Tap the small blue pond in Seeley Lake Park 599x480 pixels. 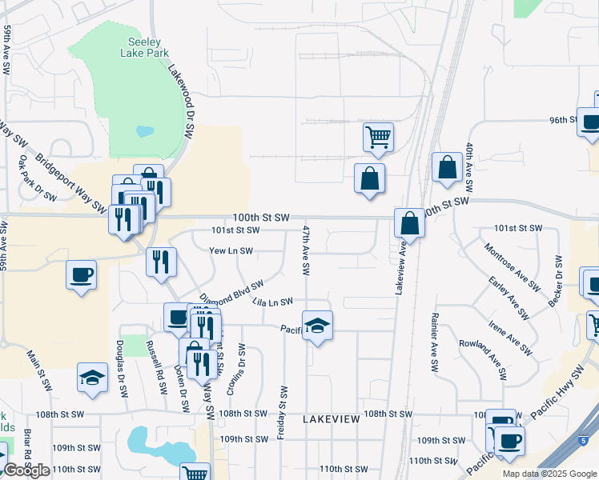pos(145,131)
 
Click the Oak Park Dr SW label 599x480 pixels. pos(37,178)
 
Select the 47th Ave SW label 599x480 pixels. pos(306,250)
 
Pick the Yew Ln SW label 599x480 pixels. pos(231,250)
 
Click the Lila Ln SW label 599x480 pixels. pos(272,302)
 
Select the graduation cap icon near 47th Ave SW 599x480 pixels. pos(318,326)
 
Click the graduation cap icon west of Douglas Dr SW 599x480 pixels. pos(93,378)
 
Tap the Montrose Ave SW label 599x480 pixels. pos(508,265)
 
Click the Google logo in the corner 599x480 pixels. pos(26,470)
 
